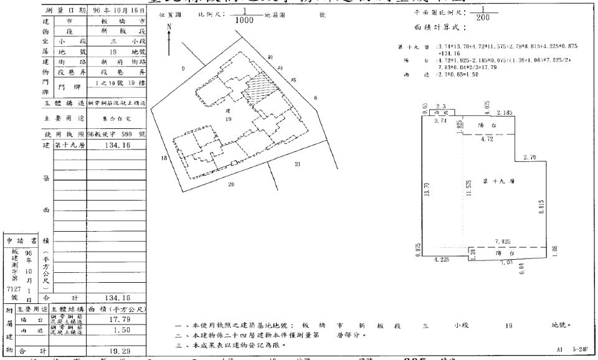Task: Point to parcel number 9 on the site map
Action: pyautogui.click(x=183, y=68)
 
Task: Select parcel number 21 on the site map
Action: pyautogui.click(x=297, y=164)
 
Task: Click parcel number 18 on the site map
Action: pyautogui.click(x=164, y=159)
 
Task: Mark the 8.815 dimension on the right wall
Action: pyautogui.click(x=541, y=207)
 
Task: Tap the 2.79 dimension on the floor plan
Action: pyautogui.click(x=529, y=158)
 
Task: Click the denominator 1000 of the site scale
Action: pyautogui.click(x=245, y=20)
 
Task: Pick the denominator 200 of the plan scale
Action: pyautogui.click(x=482, y=17)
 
